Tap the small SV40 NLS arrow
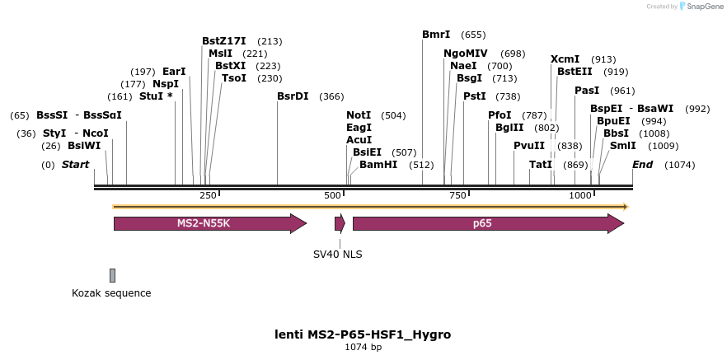[x=340, y=223]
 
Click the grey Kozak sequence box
[x=112, y=275]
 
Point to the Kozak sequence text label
[x=111, y=293]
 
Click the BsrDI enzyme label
[x=293, y=96]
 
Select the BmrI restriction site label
[x=436, y=35]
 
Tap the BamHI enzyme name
[x=378, y=165]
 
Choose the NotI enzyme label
[x=359, y=115]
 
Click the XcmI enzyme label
[x=565, y=59]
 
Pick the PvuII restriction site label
[x=529, y=146]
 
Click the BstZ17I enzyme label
[x=224, y=41]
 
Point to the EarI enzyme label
[x=174, y=72]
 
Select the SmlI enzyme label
[x=621, y=146]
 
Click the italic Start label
[x=75, y=165]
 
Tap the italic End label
[x=642, y=165]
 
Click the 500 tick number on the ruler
[x=332, y=195]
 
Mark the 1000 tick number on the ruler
[x=580, y=195]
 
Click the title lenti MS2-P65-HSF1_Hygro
[x=363, y=334]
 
